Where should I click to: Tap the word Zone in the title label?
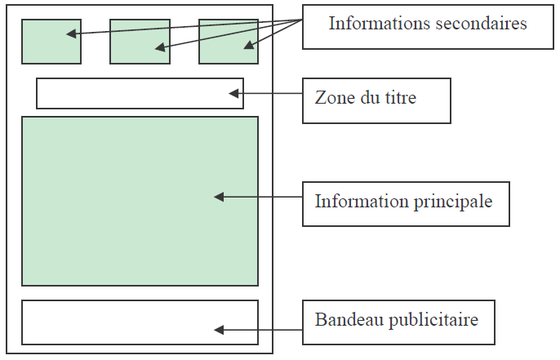click(332, 98)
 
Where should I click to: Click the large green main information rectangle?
click(140, 237)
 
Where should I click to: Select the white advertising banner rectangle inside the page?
click(122, 322)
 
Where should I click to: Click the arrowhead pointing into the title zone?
click(234, 94)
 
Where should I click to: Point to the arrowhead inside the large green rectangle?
click(219, 197)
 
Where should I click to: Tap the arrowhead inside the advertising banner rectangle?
click(219, 330)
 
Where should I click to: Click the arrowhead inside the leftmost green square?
click(71, 34)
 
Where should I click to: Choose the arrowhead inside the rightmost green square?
click(249, 47)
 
